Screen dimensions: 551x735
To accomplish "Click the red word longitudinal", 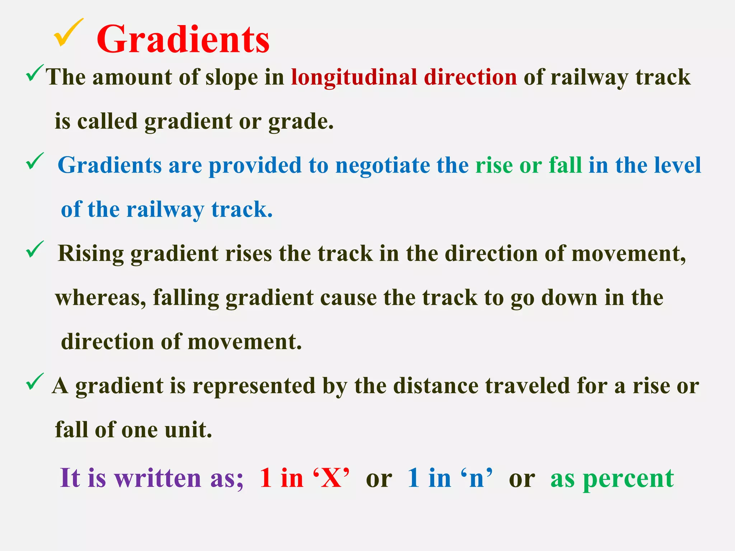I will [x=354, y=77].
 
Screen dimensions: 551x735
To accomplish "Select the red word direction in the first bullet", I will [x=470, y=77].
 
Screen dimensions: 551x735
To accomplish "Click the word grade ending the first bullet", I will [x=300, y=122].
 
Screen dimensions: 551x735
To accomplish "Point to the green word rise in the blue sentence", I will [x=494, y=166].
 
